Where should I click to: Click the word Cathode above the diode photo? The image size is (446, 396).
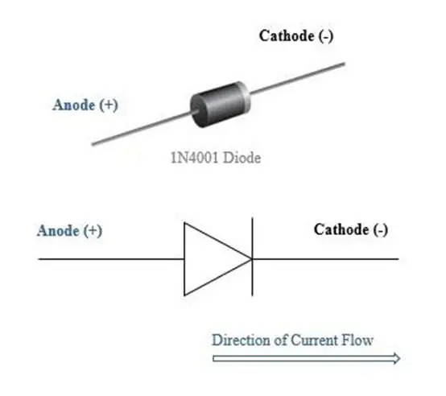pos(287,36)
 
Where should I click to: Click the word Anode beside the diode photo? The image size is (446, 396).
pos(74,105)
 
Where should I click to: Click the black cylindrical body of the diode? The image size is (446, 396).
pos(217,105)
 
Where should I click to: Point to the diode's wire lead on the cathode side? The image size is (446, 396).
pos(298,78)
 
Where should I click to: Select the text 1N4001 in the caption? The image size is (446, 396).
pos(195,158)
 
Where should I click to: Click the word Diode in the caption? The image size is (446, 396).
pos(242,158)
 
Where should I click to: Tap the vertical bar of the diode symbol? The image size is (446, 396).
pos(252,257)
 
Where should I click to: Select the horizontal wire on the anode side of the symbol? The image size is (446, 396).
pos(111,259)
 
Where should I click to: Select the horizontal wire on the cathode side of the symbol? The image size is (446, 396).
pos(325,259)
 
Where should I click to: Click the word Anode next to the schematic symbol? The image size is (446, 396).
pos(58,230)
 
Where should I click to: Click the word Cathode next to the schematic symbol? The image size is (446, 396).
pos(341,229)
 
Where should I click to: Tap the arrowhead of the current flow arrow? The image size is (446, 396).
pos(397,358)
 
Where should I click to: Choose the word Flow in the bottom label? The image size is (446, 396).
pos(357,340)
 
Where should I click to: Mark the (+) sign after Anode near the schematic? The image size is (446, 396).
pos(93,230)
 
